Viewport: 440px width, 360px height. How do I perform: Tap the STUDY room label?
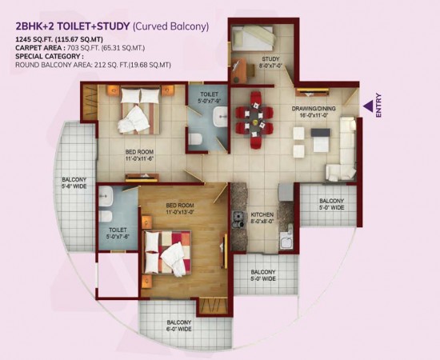coord(270,62)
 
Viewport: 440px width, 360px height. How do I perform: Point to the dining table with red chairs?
coord(255,120)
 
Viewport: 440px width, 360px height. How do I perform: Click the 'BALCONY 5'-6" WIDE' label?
coord(74,184)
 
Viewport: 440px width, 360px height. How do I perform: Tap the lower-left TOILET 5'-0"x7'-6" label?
coord(117,232)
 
